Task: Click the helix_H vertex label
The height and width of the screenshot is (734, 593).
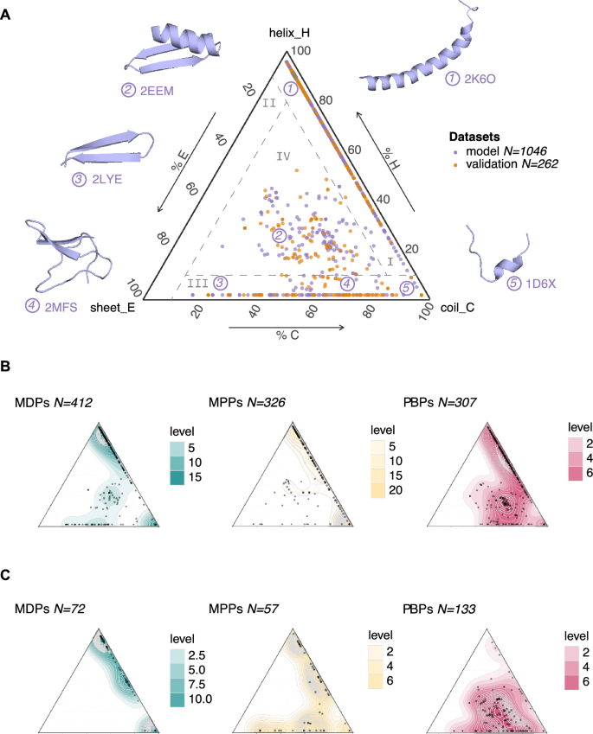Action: click(x=289, y=33)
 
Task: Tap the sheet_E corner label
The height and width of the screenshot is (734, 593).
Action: click(x=113, y=307)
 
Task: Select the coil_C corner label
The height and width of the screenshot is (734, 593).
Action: click(x=458, y=307)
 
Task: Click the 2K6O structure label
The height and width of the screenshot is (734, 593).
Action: click(x=480, y=79)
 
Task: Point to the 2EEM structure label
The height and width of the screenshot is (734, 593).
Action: click(x=157, y=91)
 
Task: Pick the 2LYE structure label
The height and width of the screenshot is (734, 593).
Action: click(x=106, y=179)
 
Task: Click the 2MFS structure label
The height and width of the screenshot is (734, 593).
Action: click(x=61, y=307)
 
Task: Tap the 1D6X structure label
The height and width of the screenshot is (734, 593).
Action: click(x=540, y=284)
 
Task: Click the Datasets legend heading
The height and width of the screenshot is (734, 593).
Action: click(x=474, y=137)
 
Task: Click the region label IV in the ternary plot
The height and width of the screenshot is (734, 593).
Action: click(x=283, y=156)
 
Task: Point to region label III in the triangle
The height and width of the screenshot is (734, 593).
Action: click(x=197, y=284)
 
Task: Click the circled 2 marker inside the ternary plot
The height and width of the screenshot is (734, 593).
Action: click(x=280, y=235)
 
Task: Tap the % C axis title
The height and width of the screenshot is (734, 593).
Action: click(x=287, y=335)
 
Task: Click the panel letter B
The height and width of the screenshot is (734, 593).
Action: click(x=5, y=366)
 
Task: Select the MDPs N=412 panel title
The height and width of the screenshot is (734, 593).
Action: click(x=54, y=403)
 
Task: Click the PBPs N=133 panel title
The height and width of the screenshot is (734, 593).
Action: click(x=439, y=609)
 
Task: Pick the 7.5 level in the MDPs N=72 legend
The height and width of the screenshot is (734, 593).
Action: click(x=197, y=684)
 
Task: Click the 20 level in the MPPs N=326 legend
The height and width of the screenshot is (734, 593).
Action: click(x=396, y=490)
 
